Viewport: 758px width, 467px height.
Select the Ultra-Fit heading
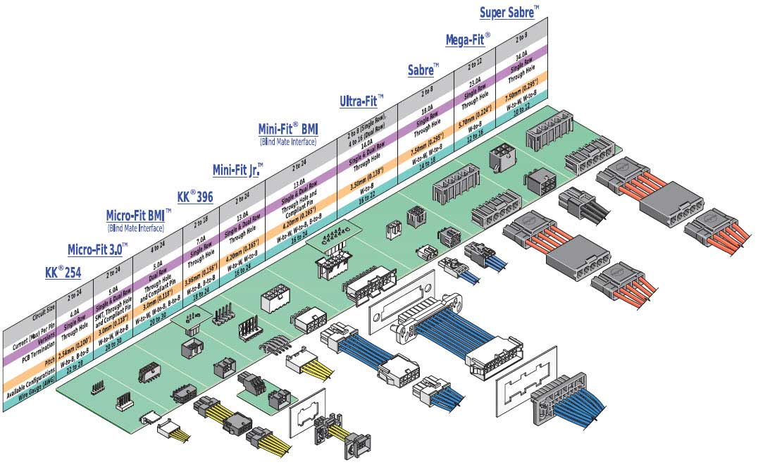(361, 101)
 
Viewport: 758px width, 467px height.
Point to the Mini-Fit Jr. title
(237, 170)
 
